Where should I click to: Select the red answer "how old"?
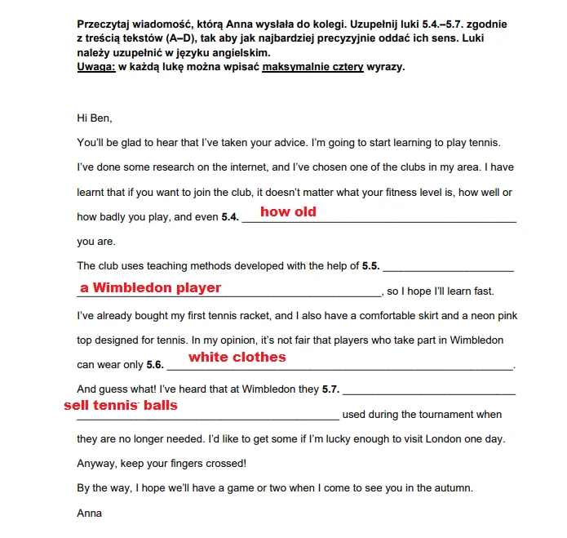(288, 212)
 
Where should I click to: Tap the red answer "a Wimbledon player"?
(150, 287)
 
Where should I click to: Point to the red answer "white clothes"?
(237, 358)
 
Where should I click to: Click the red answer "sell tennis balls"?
(120, 405)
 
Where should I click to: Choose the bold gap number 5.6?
(155, 365)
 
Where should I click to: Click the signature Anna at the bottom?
(89, 514)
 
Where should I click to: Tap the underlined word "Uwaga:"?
(96, 67)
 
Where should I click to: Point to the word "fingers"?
(185, 464)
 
